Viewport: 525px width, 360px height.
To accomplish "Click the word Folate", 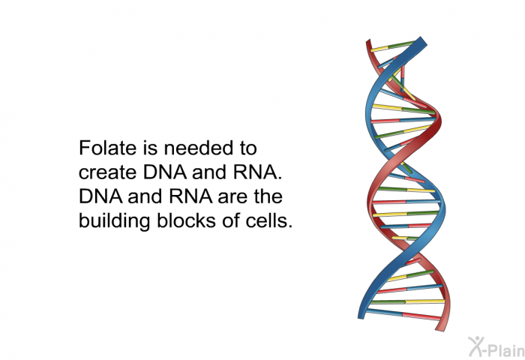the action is (107, 148).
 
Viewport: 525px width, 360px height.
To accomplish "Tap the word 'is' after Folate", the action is (150, 148).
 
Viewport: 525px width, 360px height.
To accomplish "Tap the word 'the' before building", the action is (268, 196).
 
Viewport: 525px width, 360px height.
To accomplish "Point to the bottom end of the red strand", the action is (441, 328).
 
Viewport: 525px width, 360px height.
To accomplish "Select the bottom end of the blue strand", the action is (361, 316).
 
